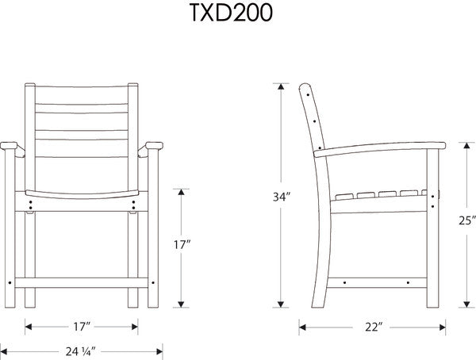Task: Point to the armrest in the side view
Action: tap(381, 147)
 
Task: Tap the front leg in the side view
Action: tap(433, 230)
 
